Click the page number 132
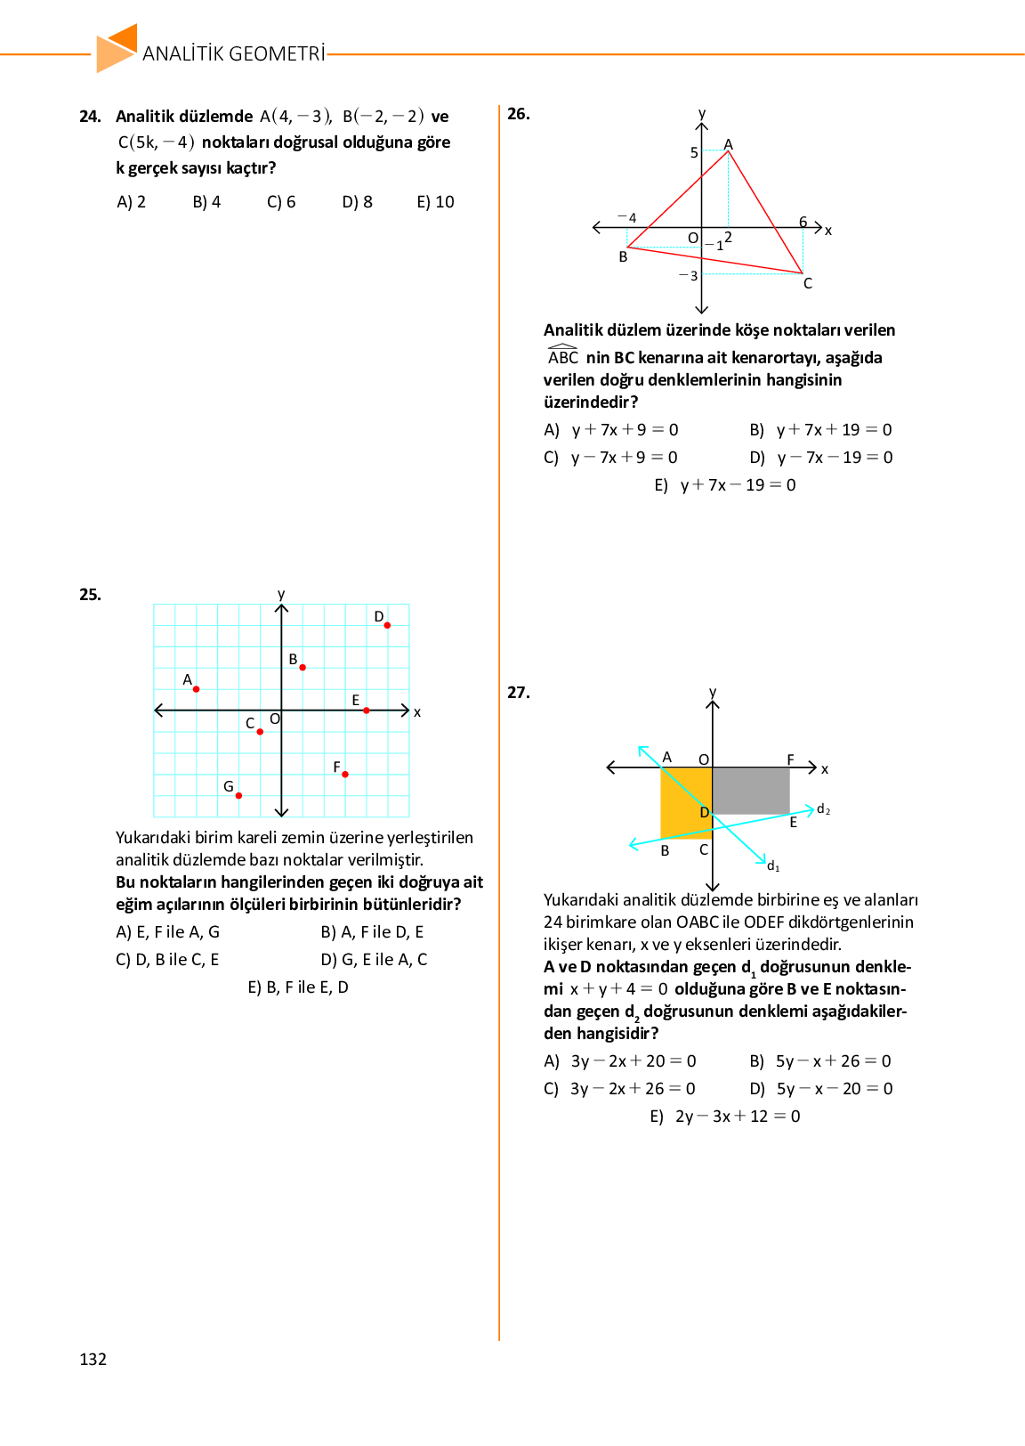tap(93, 1359)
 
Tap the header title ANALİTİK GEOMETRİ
tap(233, 53)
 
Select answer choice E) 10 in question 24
tap(435, 202)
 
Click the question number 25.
tap(90, 595)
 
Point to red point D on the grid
tap(387, 625)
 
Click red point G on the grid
tap(238, 795)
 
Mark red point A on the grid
tap(197, 689)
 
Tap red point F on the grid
tap(345, 774)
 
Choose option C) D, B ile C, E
tap(167, 960)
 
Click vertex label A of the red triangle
tap(729, 144)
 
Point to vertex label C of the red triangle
tap(808, 284)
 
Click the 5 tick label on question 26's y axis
tap(694, 153)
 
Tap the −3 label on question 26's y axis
tap(689, 276)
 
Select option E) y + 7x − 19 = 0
tap(725, 485)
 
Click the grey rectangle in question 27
tap(751, 790)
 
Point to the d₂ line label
tap(823, 809)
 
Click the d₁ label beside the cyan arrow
tap(773, 866)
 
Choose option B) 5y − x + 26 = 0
tap(820, 1061)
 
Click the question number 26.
tap(519, 114)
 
